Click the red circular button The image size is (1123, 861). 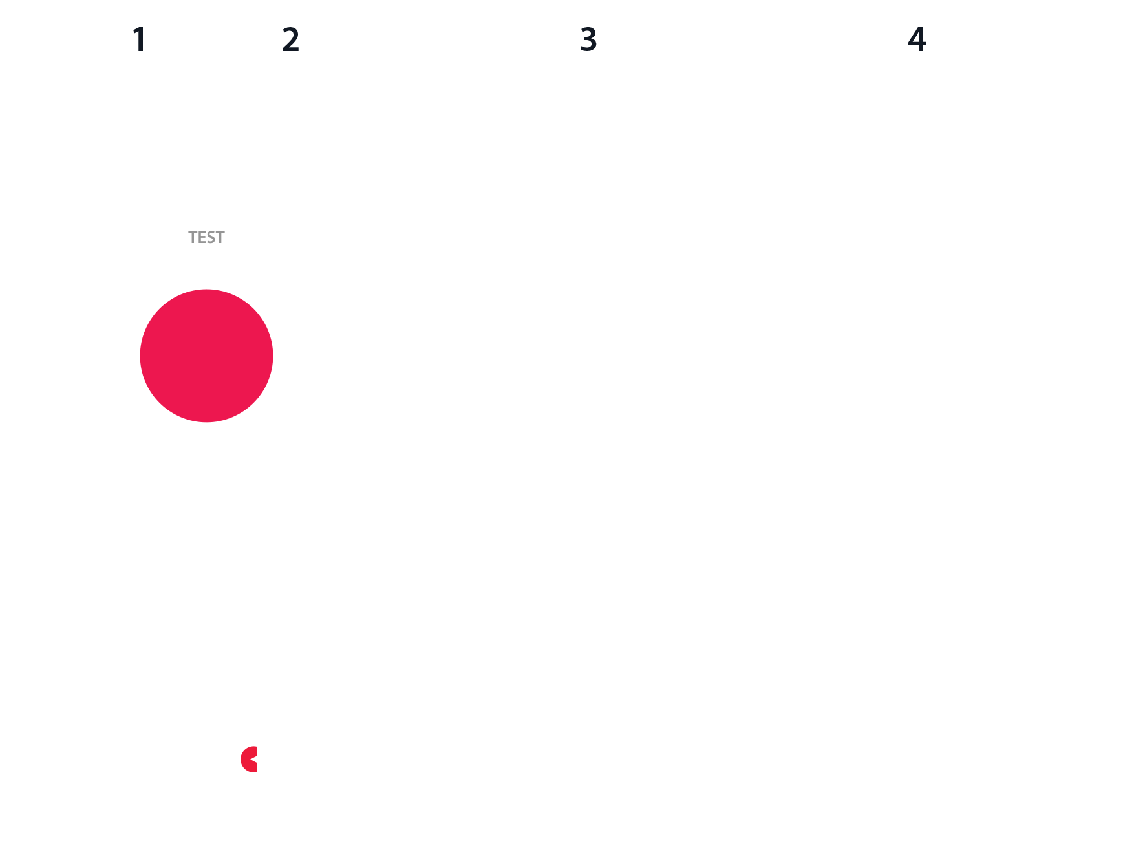click(206, 356)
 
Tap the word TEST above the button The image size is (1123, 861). click(206, 237)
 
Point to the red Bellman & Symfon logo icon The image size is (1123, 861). click(248, 760)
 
